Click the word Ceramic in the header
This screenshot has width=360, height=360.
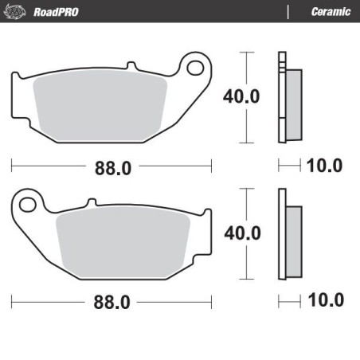tap(327, 11)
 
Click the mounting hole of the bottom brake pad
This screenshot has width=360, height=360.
tap(29, 205)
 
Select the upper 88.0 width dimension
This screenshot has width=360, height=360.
tap(112, 167)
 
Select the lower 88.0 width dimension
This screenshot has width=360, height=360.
tap(112, 303)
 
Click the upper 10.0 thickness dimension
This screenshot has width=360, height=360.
tap(324, 166)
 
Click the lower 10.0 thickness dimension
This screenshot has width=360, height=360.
tap(324, 301)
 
